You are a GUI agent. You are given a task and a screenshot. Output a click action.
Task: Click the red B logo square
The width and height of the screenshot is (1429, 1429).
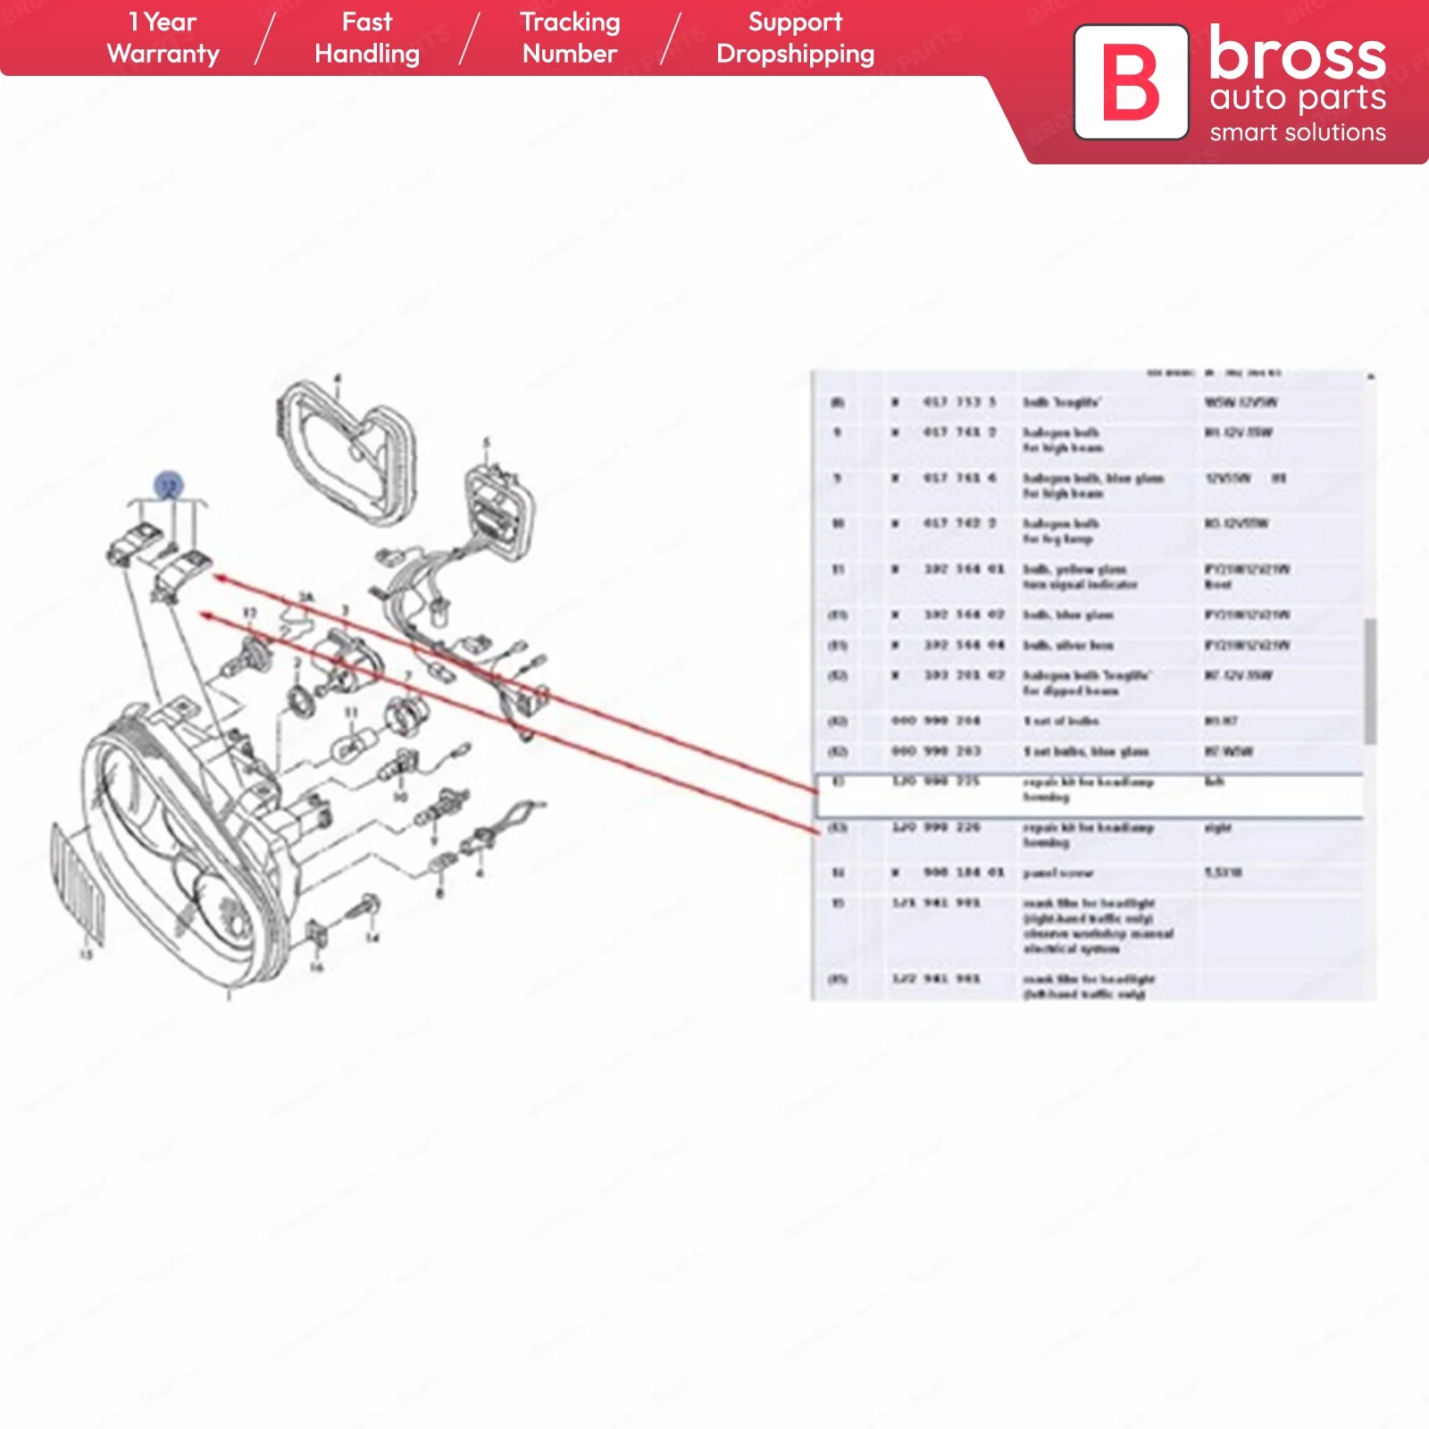click(1131, 82)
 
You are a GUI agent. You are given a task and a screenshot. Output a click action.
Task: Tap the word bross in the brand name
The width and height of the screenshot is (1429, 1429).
click(1297, 55)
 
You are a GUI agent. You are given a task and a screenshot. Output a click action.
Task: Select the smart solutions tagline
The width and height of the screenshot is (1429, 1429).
click(1297, 133)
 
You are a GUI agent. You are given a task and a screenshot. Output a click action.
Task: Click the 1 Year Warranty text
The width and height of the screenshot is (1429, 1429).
click(163, 38)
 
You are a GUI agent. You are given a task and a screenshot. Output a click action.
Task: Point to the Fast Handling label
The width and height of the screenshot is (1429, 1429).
click(367, 38)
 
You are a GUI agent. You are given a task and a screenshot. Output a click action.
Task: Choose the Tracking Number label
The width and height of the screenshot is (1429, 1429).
click(570, 38)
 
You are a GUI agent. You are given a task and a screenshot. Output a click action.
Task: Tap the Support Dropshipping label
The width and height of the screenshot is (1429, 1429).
click(795, 38)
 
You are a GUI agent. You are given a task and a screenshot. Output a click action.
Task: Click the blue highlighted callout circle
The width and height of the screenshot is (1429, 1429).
click(169, 486)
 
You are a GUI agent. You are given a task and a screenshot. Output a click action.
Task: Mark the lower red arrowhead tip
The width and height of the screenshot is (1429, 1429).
click(203, 614)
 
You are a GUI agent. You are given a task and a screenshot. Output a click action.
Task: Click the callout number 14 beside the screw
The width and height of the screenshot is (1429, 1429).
click(372, 938)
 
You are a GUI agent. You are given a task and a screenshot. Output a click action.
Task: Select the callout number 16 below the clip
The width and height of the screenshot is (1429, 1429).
click(316, 967)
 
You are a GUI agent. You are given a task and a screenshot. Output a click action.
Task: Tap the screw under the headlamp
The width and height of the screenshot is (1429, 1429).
click(366, 907)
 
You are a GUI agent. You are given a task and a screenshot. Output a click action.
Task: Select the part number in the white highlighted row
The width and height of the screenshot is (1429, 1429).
click(936, 781)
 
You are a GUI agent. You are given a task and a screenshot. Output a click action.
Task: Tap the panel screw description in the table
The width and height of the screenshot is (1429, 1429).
click(1057, 873)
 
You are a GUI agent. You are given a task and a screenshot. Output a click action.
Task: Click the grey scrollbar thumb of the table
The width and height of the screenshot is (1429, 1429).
click(1369, 681)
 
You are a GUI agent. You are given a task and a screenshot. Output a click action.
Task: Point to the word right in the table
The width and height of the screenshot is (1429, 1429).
click(1217, 828)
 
